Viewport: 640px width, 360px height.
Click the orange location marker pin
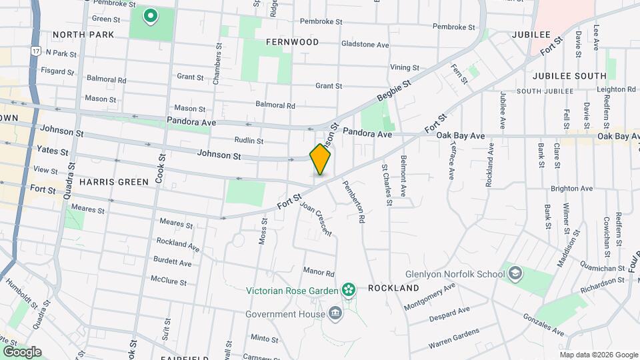pos(320,159)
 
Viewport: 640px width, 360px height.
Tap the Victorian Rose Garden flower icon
pos(347,289)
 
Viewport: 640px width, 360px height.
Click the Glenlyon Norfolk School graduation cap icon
pos(515,273)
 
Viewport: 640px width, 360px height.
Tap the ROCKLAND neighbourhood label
pos(393,288)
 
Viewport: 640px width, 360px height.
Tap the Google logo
pos(22,351)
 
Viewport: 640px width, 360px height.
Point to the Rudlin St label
pos(249,141)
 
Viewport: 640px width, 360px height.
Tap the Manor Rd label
pos(318,272)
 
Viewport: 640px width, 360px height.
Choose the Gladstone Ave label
pos(364,45)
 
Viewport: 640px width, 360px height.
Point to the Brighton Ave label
pos(577,189)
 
